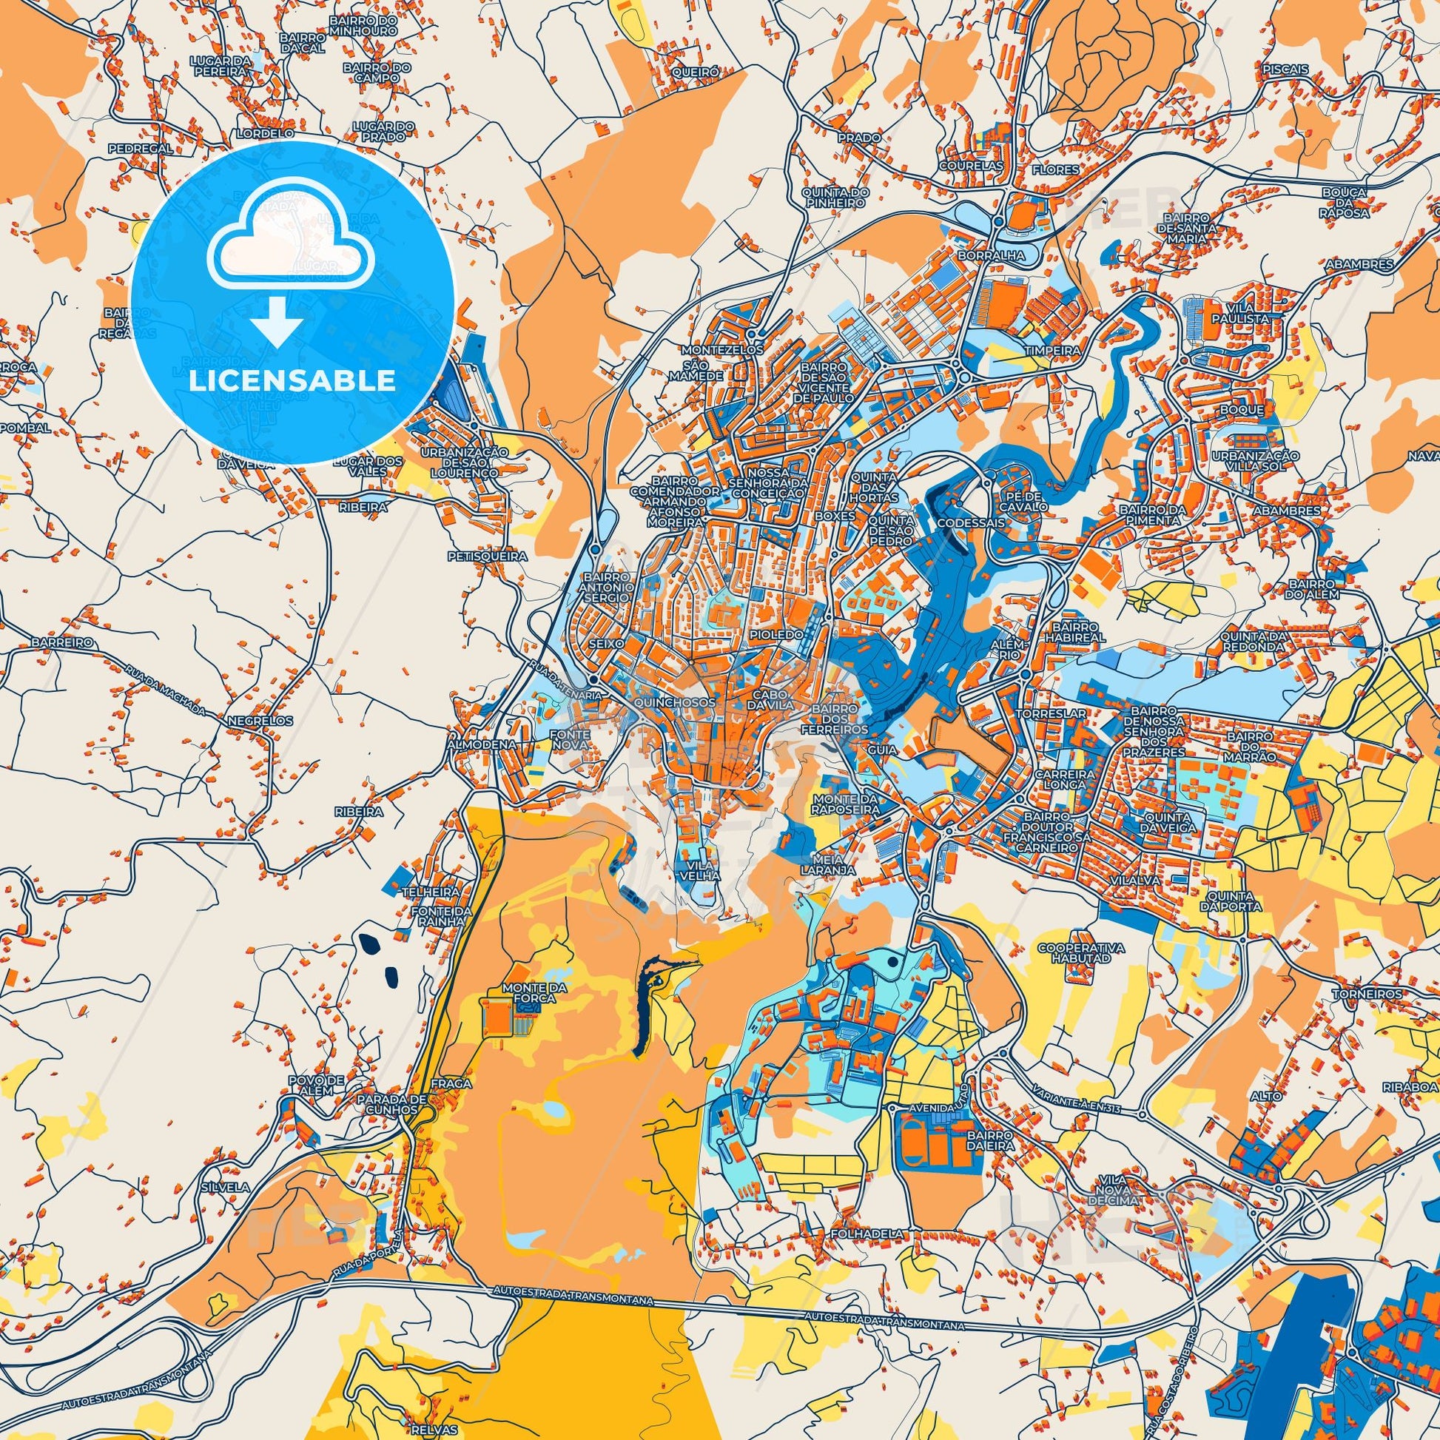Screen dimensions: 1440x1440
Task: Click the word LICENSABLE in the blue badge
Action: [292, 382]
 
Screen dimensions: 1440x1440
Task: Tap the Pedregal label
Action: [140, 148]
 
